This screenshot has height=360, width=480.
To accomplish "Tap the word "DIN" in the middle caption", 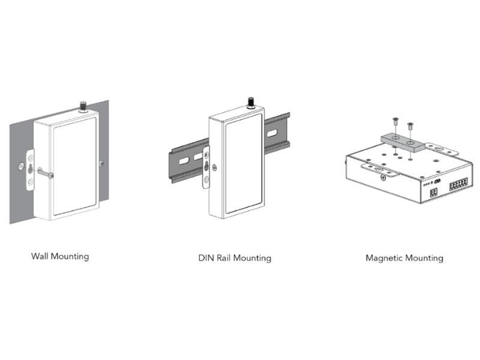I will (x=206, y=258).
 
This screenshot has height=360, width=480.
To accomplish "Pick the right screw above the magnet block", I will (x=410, y=125).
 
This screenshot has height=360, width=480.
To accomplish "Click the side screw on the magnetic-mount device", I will (x=383, y=177).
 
